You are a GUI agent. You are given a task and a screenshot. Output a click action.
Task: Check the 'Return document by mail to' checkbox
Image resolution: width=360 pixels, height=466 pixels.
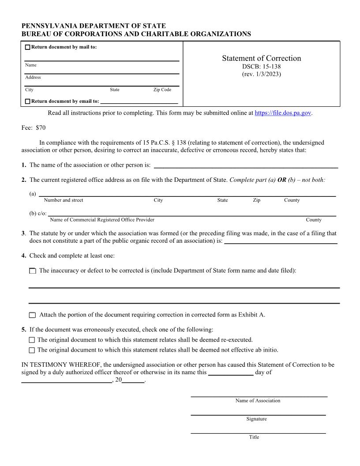(x=28, y=48)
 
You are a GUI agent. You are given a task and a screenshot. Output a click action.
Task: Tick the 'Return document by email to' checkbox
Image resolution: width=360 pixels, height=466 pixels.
(x=28, y=101)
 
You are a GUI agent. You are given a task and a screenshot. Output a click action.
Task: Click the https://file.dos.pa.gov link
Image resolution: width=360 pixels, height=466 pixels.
(x=283, y=113)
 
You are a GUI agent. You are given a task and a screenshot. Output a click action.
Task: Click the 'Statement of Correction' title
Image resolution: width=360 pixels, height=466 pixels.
(x=261, y=58)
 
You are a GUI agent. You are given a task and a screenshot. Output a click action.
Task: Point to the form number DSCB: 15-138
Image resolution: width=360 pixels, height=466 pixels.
(x=261, y=67)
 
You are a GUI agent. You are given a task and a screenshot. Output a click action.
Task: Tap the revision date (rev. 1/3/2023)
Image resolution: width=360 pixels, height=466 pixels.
(x=261, y=74)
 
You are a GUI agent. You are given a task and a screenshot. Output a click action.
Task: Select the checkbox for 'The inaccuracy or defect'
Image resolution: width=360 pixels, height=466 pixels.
(x=33, y=271)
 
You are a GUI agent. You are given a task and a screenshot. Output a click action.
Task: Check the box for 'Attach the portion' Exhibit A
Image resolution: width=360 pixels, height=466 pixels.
(x=33, y=315)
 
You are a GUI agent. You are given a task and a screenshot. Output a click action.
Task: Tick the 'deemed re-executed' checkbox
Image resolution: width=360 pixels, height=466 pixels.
(x=31, y=340)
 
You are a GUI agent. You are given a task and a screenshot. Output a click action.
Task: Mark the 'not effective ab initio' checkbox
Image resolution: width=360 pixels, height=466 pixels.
(x=31, y=350)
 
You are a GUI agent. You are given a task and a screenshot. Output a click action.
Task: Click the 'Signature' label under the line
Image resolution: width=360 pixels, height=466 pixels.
(x=256, y=419)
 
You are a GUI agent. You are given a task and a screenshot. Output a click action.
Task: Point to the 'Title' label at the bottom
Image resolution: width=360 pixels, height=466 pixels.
(x=254, y=437)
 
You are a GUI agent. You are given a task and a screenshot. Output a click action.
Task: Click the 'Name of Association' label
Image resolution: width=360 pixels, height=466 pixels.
(x=258, y=401)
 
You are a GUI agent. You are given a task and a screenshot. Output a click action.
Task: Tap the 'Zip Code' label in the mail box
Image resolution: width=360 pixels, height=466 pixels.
(x=162, y=90)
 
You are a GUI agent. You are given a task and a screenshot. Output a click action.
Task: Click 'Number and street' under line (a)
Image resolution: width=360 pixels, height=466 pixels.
(x=64, y=200)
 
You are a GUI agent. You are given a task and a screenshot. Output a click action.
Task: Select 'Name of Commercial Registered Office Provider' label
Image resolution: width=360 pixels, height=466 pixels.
(x=102, y=220)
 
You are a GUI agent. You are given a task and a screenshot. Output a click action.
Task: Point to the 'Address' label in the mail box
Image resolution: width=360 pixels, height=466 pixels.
(x=33, y=78)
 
